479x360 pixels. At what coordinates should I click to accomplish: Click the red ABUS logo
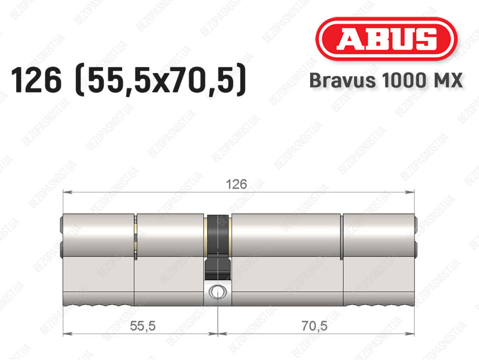coord(386,39)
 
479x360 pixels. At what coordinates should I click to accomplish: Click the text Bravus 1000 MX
coord(386,81)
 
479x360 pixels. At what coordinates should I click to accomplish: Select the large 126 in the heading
coord(36,80)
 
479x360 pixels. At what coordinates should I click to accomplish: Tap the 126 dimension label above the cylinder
coord(236,184)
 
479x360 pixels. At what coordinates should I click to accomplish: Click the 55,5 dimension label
coord(143,326)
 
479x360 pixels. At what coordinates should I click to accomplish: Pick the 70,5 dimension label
coord(314,326)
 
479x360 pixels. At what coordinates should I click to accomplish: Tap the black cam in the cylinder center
coord(218,247)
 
